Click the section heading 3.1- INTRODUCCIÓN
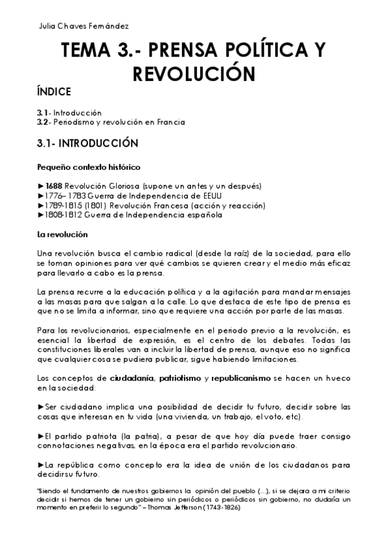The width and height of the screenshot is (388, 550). click(89, 141)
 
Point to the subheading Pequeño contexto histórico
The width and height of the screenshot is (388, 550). click(89, 167)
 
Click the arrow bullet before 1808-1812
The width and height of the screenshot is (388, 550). click(41, 215)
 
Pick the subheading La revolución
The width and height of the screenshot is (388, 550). click(62, 233)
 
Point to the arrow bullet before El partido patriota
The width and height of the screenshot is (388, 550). click(41, 435)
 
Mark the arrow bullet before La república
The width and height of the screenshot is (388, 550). click(41, 464)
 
